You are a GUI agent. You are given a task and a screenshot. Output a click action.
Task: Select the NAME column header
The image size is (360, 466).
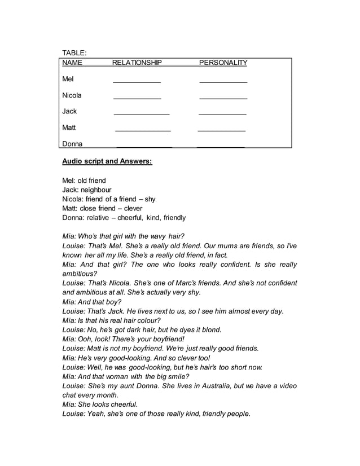[x=72, y=63]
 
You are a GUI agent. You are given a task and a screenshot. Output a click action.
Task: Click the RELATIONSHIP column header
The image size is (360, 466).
[x=137, y=63]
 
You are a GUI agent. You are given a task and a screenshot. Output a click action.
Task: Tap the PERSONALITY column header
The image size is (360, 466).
[x=223, y=63]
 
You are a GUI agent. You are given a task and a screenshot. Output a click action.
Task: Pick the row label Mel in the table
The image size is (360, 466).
[x=68, y=79]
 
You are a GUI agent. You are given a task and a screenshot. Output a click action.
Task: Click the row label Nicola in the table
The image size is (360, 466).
[x=72, y=95]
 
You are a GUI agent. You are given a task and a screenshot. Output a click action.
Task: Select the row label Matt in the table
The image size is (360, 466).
[x=69, y=128]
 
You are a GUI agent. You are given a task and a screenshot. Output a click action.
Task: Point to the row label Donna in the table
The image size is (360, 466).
[x=72, y=144]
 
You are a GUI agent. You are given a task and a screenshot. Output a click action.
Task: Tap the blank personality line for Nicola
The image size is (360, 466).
[x=223, y=99]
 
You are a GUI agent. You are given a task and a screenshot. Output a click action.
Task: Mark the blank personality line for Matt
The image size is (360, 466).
[x=221, y=131]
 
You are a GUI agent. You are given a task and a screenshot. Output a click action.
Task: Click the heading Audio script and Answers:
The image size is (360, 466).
[x=107, y=161]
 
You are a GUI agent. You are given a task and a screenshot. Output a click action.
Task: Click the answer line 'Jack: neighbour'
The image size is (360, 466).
[x=87, y=190]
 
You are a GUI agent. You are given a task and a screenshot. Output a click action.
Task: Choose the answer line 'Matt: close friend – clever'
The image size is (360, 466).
[x=102, y=208]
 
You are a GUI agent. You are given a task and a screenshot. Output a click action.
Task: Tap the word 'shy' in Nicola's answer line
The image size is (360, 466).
[x=150, y=199]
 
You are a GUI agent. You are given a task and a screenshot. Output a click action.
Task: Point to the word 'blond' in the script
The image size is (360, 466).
[x=212, y=329]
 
